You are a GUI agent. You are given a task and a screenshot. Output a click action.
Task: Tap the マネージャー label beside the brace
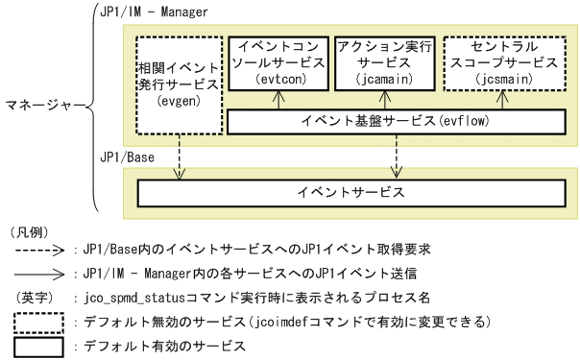pos(44,102)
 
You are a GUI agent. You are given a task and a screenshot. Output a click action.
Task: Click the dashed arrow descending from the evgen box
pos(179,154)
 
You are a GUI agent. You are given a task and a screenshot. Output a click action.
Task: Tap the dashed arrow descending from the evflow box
pos(395,154)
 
